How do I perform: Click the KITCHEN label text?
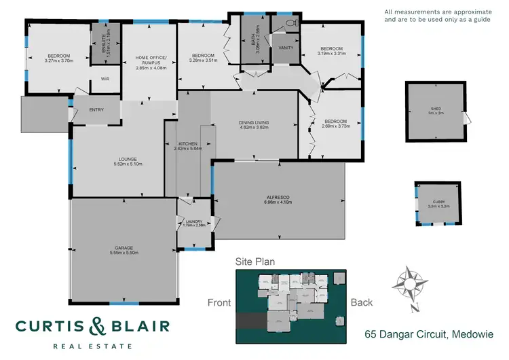tap(187, 145)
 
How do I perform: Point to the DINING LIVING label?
tap(254, 123)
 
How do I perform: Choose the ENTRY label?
tap(96, 109)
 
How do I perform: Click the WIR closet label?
tap(105, 79)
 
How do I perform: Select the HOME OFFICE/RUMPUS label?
tap(151, 60)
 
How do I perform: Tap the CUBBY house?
tap(436, 203)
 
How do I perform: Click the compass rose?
tap(412, 287)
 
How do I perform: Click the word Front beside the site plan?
tap(219, 303)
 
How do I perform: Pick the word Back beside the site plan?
tap(362, 303)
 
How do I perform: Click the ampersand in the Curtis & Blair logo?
tap(94, 327)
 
